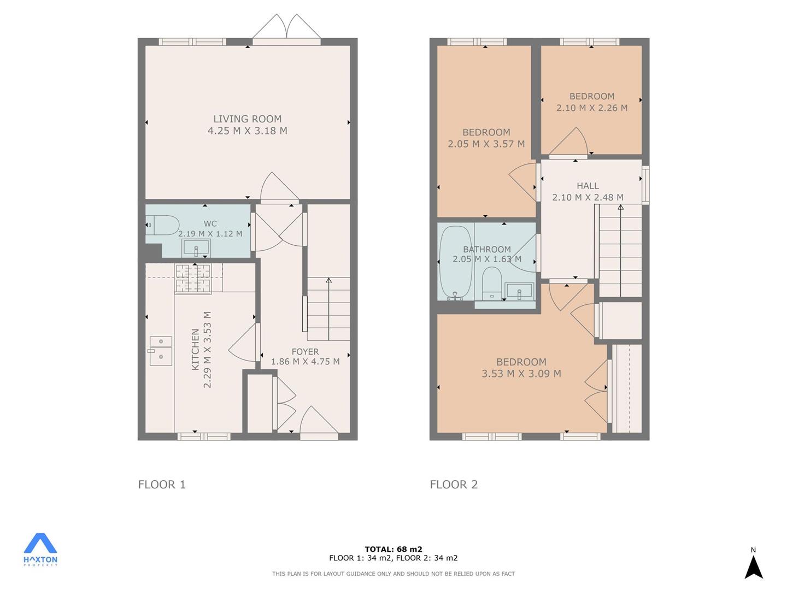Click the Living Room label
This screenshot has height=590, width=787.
(248, 119)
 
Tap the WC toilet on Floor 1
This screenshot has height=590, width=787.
(162, 225)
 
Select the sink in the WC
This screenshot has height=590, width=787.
(196, 248)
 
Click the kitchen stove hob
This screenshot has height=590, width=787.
(193, 279)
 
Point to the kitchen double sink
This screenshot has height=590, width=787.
(161, 351)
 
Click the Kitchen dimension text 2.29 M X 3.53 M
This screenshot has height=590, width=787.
(207, 350)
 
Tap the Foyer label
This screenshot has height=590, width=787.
(305, 352)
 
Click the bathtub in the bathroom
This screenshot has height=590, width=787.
(456, 263)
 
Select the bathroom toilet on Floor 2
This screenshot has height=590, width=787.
(491, 284)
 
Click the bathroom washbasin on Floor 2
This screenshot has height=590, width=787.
(519, 291)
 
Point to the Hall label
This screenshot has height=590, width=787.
(588, 186)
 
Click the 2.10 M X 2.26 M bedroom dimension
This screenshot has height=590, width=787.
(592, 108)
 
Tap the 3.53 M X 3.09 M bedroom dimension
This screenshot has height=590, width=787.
(521, 374)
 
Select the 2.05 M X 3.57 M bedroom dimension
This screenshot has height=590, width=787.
(486, 144)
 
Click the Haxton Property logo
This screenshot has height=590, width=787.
(40, 550)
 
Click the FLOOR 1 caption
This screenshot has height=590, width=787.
(162, 485)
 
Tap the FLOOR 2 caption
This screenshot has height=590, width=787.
(454, 485)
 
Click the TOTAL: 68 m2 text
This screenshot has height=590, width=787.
(393, 549)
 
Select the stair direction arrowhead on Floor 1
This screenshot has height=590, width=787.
(328, 280)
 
